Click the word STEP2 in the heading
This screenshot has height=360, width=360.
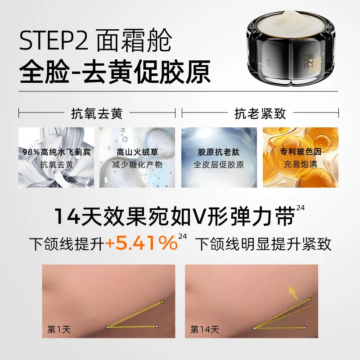(54, 41)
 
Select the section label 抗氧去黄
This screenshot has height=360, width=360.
(97, 113)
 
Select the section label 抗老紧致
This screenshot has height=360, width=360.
(260, 113)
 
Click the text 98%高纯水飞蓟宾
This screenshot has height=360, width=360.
(57, 152)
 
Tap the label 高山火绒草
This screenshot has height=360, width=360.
(137, 152)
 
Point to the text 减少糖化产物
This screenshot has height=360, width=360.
(137, 165)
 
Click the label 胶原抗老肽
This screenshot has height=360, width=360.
(219, 152)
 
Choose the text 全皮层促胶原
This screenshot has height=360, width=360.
(219, 165)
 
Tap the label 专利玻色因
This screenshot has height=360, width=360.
(301, 152)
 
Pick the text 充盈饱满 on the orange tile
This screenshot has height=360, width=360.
(301, 164)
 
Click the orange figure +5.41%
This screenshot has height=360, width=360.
(141, 243)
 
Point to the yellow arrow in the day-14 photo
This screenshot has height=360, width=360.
(293, 293)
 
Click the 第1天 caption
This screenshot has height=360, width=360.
(59, 329)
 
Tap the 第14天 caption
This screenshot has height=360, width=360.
(205, 329)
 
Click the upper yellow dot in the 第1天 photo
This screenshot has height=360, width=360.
(162, 301)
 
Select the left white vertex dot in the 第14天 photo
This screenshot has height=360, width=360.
(254, 328)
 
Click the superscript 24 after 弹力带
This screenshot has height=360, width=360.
(300, 208)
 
